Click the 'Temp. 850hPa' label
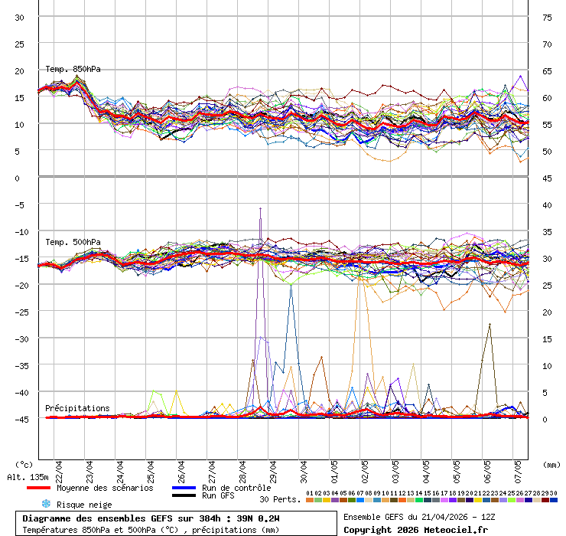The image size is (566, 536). click(73, 70)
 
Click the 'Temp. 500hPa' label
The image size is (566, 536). click(73, 243)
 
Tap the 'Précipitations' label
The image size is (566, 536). click(77, 408)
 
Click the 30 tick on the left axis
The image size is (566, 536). click(20, 17)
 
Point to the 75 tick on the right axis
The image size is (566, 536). click(547, 17)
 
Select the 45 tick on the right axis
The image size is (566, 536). click(547, 178)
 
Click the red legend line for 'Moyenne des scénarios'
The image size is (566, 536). click(38, 488)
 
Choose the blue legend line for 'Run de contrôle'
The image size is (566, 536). click(184, 488)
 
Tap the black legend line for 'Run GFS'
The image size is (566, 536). click(184, 495)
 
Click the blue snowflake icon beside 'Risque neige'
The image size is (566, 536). click(46, 504)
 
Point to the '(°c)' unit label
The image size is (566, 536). click(24, 464)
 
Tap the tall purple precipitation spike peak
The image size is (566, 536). click(261, 208)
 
